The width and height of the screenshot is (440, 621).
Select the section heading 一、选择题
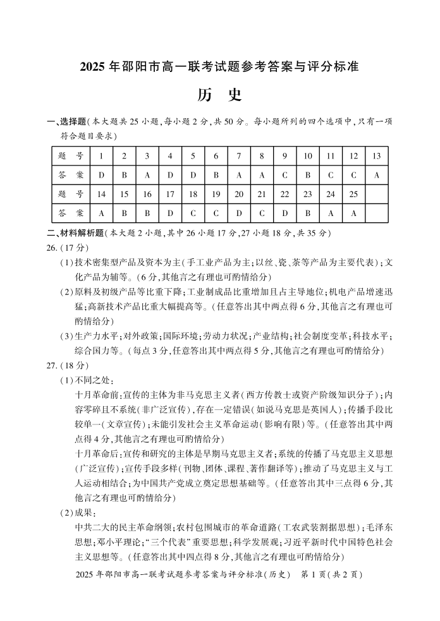click(x=66, y=121)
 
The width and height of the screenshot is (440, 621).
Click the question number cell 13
click(x=376, y=156)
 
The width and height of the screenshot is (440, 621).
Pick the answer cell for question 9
click(x=284, y=175)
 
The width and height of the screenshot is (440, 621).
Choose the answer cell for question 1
click(x=101, y=175)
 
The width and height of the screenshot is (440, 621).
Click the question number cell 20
click(x=239, y=194)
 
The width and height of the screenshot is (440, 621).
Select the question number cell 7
click(x=239, y=156)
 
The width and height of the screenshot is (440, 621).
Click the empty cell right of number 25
click(x=376, y=194)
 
